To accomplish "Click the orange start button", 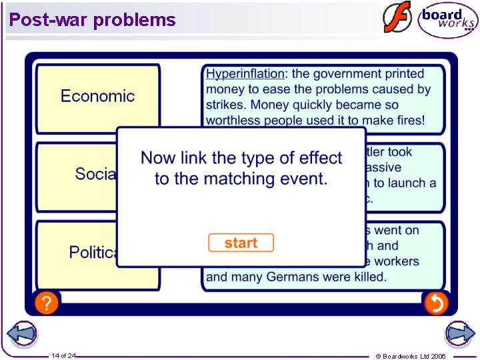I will [x=241, y=243].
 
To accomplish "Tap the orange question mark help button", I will [x=47, y=303].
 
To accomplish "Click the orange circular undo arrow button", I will [x=436, y=303].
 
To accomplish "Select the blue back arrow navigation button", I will [x=21, y=333].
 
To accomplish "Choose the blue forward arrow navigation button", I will [x=459, y=333].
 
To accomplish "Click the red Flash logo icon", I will [x=397, y=18].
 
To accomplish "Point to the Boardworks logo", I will [x=447, y=20].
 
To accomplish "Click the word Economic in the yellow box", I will [x=97, y=96].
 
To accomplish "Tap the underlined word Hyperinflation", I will [x=245, y=74].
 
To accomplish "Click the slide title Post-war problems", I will [x=93, y=20].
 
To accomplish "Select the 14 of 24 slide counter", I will [x=64, y=355].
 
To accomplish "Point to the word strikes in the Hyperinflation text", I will [x=226, y=105].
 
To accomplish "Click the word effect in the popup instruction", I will [x=321, y=158].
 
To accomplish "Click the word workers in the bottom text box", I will [x=396, y=261].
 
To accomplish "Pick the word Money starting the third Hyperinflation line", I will [x=270, y=105].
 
